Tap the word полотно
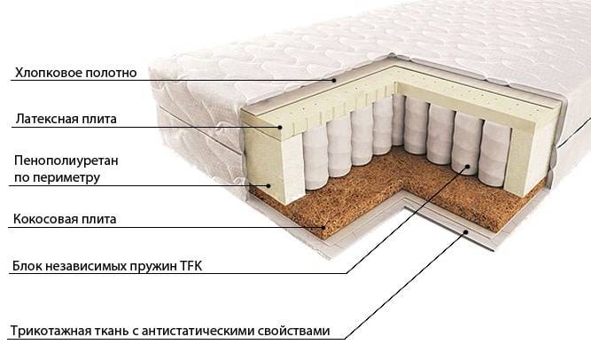[111, 73]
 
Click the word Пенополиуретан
[66, 160]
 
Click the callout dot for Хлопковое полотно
[334, 80]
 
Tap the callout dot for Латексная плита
[280, 127]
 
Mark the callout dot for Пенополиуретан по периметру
[268, 185]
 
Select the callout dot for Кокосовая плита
[323, 227]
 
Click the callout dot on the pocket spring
[467, 166]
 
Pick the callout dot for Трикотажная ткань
[466, 231]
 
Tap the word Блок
[27, 266]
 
